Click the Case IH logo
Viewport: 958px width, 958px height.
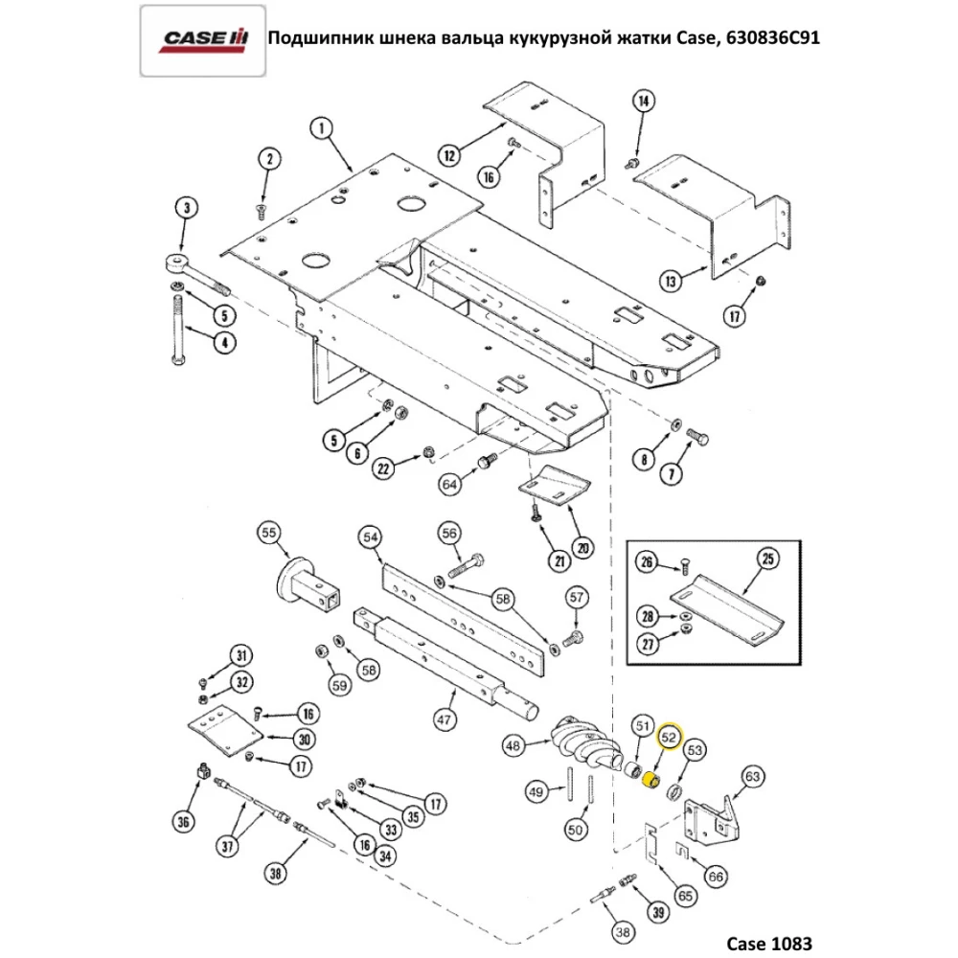coord(203,39)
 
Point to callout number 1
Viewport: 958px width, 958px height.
coord(321,126)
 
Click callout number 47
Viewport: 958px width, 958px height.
coord(444,718)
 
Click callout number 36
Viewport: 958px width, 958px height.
coord(183,820)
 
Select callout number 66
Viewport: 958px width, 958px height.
coord(715,877)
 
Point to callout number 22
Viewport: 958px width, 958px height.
coord(383,468)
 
